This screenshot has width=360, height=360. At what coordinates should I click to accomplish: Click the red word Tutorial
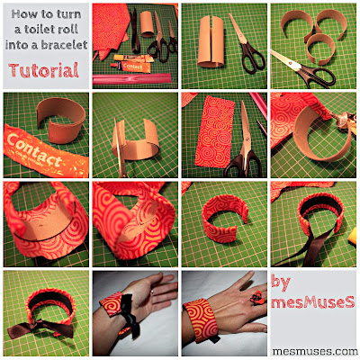[44, 70]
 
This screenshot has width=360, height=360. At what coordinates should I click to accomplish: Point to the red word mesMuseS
[313, 302]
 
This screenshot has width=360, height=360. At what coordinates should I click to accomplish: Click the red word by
[281, 283]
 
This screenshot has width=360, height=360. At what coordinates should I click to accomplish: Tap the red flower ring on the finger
[256, 298]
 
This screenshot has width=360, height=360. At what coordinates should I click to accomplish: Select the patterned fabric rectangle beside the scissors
[215, 132]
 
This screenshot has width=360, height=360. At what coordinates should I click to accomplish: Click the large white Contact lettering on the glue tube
[34, 150]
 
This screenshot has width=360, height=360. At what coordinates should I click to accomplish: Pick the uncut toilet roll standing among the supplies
[147, 24]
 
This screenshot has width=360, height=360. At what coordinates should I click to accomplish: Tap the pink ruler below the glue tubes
[132, 78]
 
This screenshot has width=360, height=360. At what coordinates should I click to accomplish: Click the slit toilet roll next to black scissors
[211, 40]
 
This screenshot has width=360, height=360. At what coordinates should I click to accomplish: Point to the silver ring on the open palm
[152, 291]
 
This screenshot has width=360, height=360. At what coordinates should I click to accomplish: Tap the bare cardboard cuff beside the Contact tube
[61, 120]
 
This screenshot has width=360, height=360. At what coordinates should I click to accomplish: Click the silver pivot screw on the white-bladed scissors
[290, 64]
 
